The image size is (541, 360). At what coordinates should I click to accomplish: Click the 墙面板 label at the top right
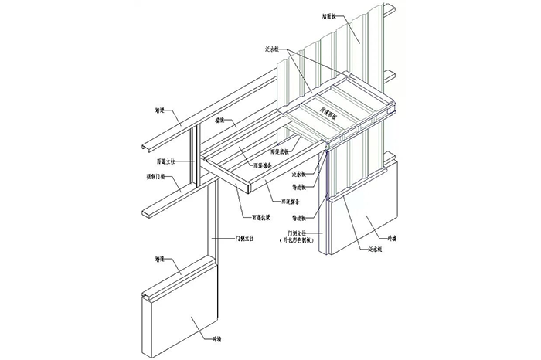330,15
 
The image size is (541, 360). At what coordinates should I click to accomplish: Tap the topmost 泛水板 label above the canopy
272,48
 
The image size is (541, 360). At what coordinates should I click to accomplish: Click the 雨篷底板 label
280,151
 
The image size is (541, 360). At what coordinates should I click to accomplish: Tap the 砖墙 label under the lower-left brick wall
218,339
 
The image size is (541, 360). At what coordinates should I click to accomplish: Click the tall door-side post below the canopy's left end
213,232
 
